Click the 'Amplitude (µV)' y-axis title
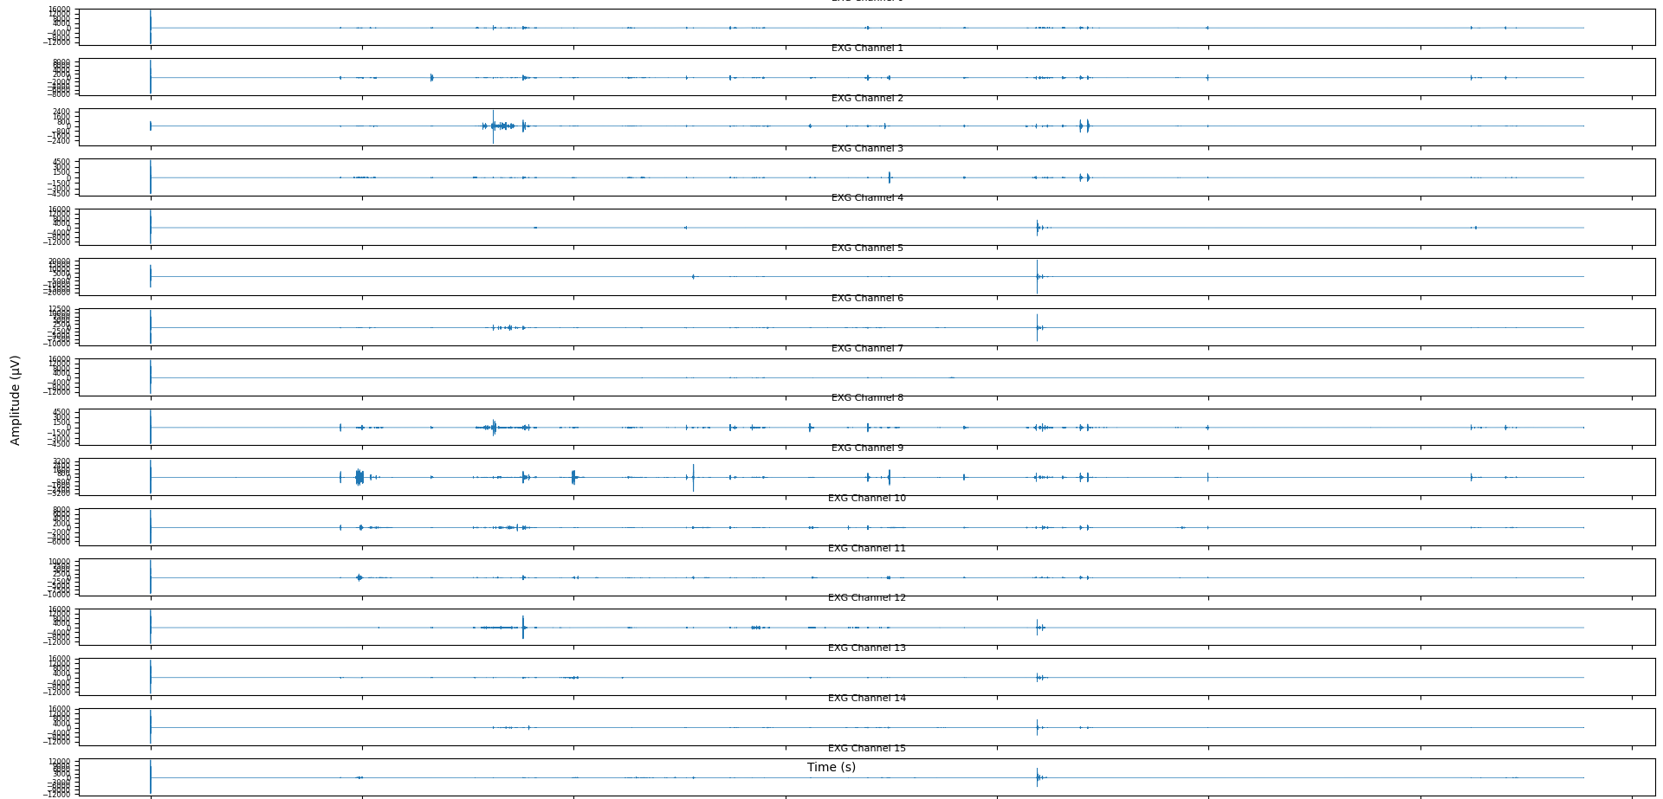[15, 400]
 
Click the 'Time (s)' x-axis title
[831, 767]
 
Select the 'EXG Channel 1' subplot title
[867, 48]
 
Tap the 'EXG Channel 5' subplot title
[867, 248]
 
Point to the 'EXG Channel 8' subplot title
[867, 398]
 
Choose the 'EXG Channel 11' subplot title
[867, 549]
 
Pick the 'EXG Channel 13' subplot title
[867, 648]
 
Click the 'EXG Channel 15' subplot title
[867, 749]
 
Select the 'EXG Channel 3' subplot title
[867, 149]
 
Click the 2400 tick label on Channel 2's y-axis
[61, 113]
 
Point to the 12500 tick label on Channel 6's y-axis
[60, 309]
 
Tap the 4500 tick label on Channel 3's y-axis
[61, 162]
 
